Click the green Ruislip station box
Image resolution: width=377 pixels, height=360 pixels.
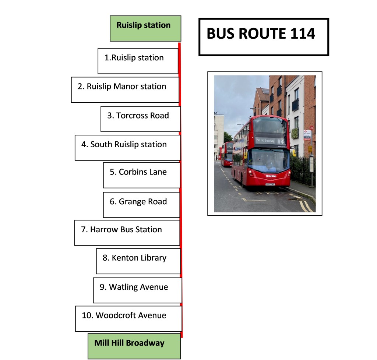pos(145,28)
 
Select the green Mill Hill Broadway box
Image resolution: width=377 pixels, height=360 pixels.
pos(134,346)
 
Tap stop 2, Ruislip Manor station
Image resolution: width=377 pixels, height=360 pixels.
pos(125,89)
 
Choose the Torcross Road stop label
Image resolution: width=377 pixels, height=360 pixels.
pos(141,119)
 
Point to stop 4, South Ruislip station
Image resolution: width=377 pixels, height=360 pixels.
pos(128,147)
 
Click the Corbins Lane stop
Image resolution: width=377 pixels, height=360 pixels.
pos(142,175)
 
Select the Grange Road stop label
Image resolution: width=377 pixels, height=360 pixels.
pos(142,205)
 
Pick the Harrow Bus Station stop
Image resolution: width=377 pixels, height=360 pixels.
pos(127,233)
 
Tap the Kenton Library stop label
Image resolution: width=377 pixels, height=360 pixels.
pos(138,261)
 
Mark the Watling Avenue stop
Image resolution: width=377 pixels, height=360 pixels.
pos(138,290)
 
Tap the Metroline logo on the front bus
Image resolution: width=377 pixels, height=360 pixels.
pos(271,176)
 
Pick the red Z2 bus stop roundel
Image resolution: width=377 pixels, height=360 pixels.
pos(311,128)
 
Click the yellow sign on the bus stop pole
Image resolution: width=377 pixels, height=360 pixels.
pos(310,149)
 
